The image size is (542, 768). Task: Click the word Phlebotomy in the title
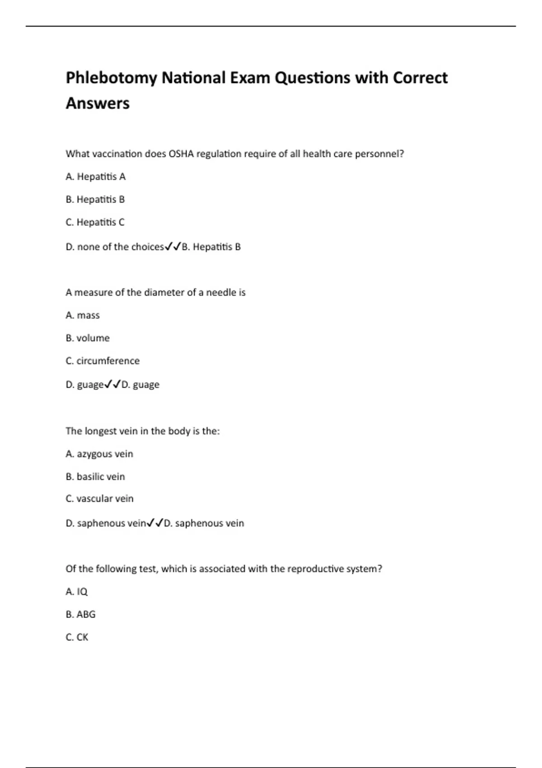[111, 78]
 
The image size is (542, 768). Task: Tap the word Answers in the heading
[98, 103]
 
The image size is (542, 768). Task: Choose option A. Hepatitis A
[96, 177]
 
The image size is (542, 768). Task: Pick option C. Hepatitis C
[95, 222]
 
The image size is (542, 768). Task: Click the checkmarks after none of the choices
[173, 247]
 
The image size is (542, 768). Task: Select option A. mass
[83, 315]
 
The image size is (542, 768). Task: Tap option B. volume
[88, 338]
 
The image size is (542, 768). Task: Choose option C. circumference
[103, 361]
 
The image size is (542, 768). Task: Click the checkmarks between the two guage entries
[112, 384]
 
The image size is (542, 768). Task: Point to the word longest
[98, 431]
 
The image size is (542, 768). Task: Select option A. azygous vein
[99, 454]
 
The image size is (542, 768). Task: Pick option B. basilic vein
[95, 477]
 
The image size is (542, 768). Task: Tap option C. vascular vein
[99, 499]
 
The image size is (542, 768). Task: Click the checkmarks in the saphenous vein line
[155, 523]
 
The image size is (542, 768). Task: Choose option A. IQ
[77, 592]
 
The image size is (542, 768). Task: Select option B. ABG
[80, 614]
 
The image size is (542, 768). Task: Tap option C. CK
[77, 637]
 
